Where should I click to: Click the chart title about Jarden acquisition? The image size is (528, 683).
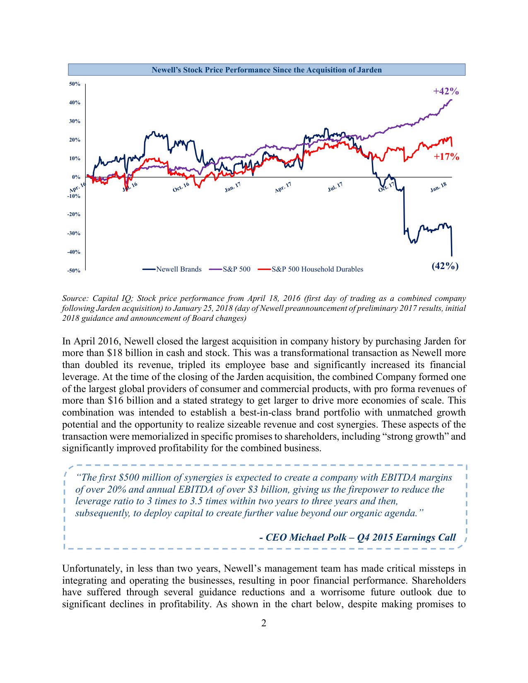[x=266, y=70]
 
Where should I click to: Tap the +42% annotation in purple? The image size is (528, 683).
[x=446, y=91]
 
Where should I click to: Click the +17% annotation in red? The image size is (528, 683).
[x=446, y=156]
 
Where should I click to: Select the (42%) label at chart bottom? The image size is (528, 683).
[x=445, y=266]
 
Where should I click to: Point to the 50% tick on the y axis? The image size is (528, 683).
[x=75, y=84]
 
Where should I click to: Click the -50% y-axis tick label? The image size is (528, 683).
[x=74, y=271]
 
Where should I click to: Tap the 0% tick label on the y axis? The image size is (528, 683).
[x=76, y=177]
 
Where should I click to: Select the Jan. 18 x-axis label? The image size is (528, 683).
[x=438, y=187]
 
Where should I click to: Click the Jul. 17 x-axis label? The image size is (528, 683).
[x=335, y=187]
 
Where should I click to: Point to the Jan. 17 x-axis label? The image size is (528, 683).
[x=232, y=187]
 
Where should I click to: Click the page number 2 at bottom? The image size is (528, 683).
[x=264, y=623]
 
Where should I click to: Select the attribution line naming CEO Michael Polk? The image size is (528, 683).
[x=357, y=537]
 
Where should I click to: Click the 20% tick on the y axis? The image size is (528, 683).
[x=75, y=140]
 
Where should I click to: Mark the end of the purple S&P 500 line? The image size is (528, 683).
[x=452, y=99]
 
